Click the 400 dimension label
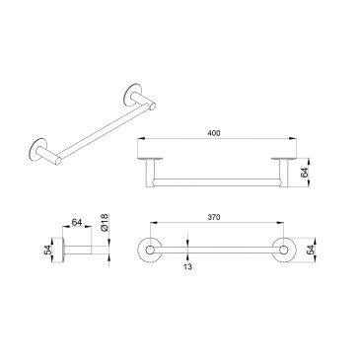tap(214, 133)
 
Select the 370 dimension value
tap(214, 217)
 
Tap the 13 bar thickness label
tap(187, 266)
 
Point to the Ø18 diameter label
tap(105, 223)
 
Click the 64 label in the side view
tap(77, 223)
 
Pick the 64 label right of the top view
tap(305, 173)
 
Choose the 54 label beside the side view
tap(48, 251)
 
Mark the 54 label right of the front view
tap(311, 250)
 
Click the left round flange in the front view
tap(150, 251)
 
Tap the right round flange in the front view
tap(283, 251)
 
